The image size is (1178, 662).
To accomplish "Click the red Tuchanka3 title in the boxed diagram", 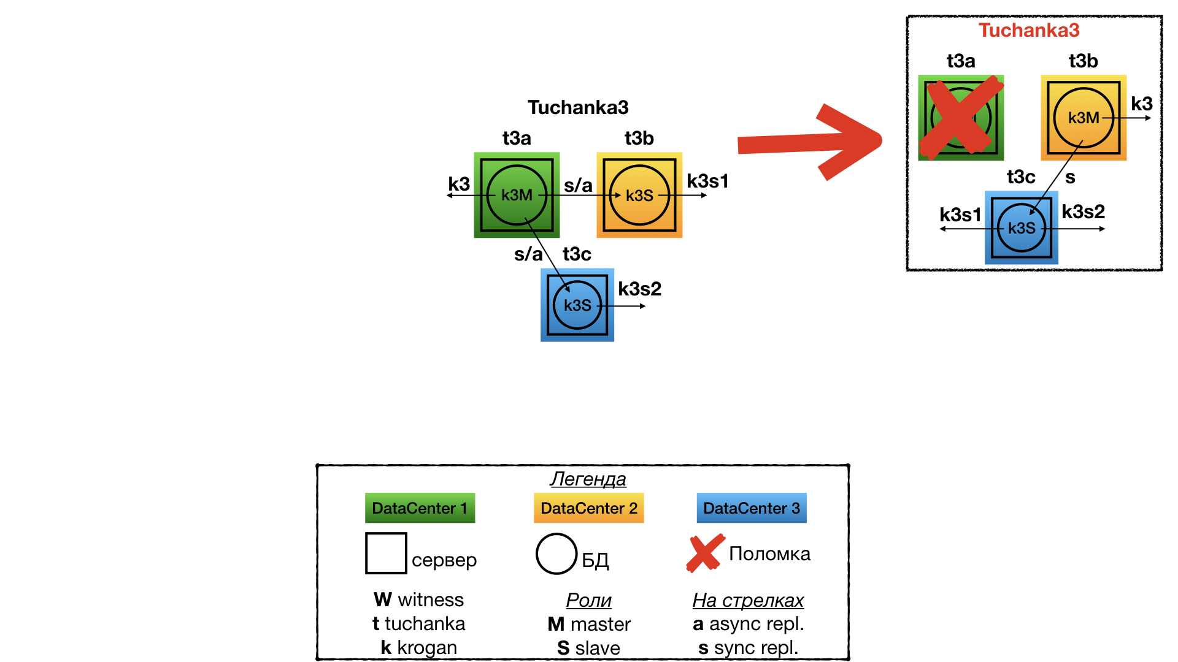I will pyautogui.click(x=1028, y=30).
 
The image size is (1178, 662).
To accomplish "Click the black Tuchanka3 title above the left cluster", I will pyautogui.click(x=578, y=107).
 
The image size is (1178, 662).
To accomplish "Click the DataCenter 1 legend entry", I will pyautogui.click(x=420, y=508).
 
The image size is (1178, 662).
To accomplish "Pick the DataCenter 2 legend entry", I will pyautogui.click(x=588, y=508).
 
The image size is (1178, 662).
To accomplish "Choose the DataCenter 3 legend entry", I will pyautogui.click(x=751, y=508).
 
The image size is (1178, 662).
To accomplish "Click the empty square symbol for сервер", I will pyautogui.click(x=386, y=553).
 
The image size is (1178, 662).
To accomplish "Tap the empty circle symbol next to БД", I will pyautogui.click(x=556, y=554).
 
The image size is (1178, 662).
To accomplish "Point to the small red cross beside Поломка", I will pyautogui.click(x=704, y=553).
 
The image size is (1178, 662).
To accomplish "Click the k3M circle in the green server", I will pyautogui.click(x=517, y=195).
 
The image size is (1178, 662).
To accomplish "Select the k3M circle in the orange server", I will pyautogui.click(x=1083, y=118).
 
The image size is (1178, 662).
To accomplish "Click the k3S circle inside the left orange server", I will pyautogui.click(x=639, y=195).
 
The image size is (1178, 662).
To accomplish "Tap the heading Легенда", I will pyautogui.click(x=588, y=479).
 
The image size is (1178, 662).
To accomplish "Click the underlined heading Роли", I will pyautogui.click(x=588, y=600).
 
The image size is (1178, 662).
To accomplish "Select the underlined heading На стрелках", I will pyautogui.click(x=748, y=600).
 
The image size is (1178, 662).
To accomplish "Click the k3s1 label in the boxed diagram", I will pyautogui.click(x=960, y=215).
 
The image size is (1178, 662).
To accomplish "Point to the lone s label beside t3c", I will pyautogui.click(x=1070, y=178).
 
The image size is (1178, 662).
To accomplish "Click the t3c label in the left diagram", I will pyautogui.click(x=577, y=254).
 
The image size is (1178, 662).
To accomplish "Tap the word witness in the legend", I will pyautogui.click(x=431, y=599).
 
